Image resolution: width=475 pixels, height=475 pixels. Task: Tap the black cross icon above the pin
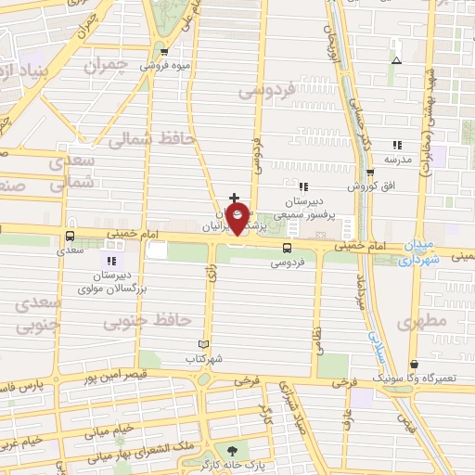234,198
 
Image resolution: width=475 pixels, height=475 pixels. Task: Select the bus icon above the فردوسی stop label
286,248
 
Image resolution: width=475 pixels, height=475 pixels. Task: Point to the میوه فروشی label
164,66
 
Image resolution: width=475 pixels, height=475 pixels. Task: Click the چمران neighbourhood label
104,67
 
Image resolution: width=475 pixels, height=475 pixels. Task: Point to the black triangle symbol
396,60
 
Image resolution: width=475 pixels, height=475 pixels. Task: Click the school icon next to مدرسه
397,145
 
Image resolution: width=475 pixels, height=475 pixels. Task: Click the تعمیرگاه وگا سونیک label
405,379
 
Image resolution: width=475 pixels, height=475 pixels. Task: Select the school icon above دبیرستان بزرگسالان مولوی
111,261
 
